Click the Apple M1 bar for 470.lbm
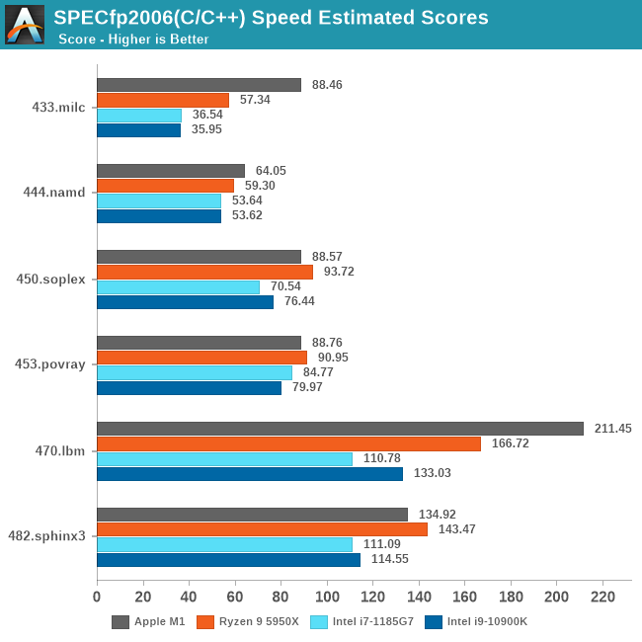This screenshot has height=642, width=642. click(340, 429)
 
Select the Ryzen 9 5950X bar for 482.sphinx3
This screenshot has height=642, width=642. click(262, 529)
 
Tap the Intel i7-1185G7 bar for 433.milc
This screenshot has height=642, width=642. click(139, 115)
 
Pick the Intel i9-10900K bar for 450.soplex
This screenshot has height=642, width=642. click(185, 302)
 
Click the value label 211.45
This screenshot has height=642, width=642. click(612, 429)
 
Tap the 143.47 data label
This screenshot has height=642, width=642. click(455, 529)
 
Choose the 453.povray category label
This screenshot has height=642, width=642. click(57, 363)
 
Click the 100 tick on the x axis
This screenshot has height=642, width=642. click(327, 598)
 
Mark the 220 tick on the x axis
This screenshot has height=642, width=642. click(602, 598)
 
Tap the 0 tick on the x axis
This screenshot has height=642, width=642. click(97, 598)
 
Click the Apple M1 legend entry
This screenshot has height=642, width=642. click(147, 622)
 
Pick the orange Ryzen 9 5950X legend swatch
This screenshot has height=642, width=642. click(205, 622)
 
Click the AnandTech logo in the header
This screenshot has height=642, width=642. click(25, 25)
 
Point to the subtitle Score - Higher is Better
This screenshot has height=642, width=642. click(133, 40)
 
